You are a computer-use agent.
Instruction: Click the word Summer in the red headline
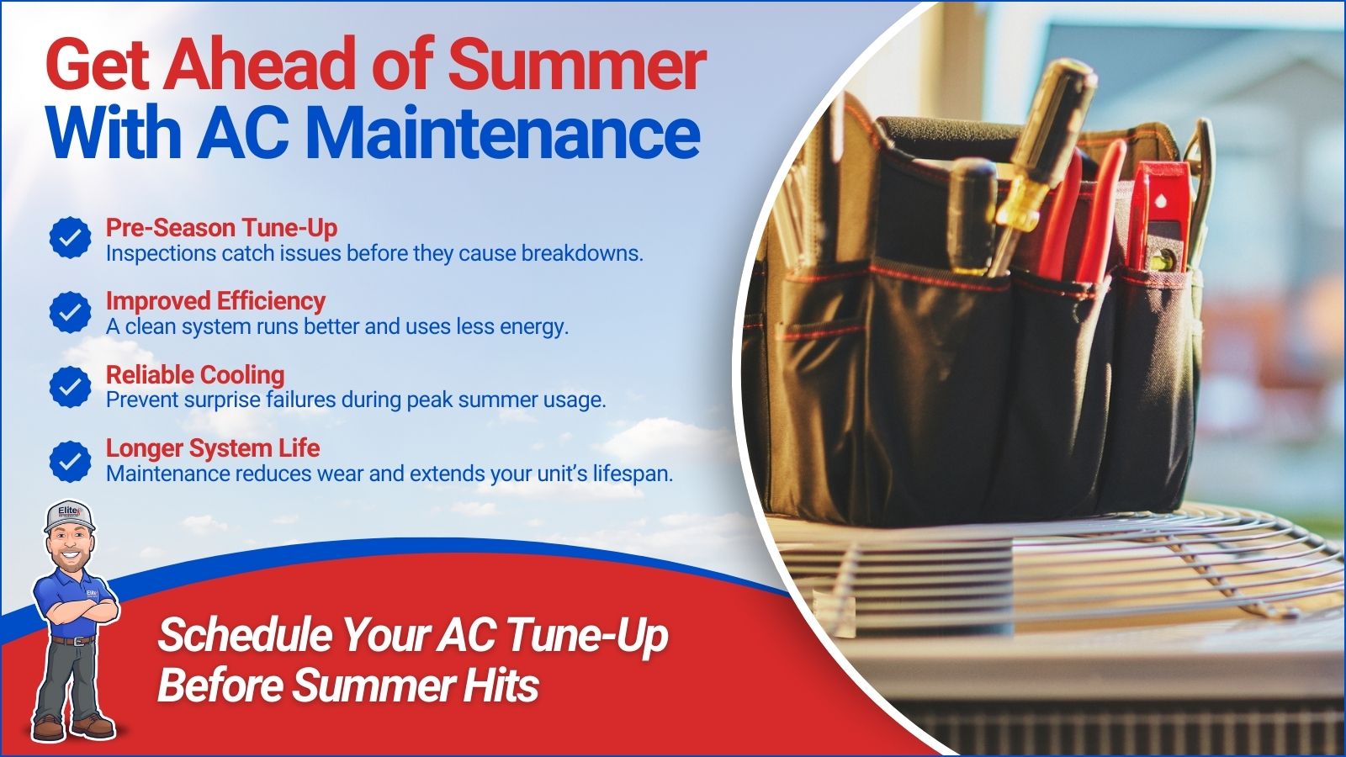point(576,64)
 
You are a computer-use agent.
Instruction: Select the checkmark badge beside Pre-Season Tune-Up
point(71,238)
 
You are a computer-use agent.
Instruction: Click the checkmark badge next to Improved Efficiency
point(71,312)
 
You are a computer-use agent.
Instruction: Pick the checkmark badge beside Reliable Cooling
point(71,387)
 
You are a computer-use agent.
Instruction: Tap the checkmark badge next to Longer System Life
point(71,462)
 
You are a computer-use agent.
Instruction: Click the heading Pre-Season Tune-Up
point(222,228)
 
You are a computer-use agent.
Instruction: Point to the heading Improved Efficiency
point(215,301)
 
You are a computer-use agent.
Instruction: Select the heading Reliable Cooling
point(195,375)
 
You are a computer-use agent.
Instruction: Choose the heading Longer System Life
point(213,448)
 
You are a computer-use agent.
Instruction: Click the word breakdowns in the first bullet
point(581,253)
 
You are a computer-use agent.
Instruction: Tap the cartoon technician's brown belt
point(72,640)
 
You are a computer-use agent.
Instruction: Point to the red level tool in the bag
point(1160,215)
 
